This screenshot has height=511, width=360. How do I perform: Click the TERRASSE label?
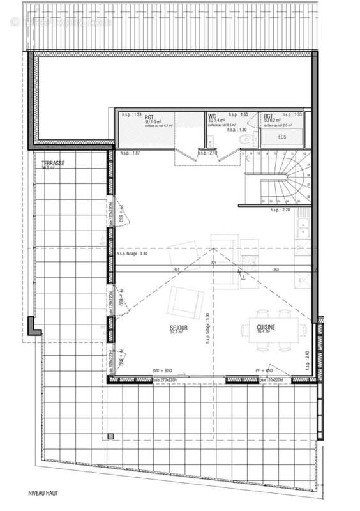(x=53, y=164)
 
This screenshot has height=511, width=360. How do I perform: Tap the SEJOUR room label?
(x=179, y=329)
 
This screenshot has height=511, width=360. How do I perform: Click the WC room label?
(x=212, y=116)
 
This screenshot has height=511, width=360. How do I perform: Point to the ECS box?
(x=281, y=137)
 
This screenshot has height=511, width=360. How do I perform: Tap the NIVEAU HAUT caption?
(x=43, y=494)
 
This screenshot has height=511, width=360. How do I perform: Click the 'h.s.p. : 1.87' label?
(x=130, y=153)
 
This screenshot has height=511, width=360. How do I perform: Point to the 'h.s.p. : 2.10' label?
(x=208, y=153)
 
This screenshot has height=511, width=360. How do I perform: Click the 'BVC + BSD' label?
(x=163, y=370)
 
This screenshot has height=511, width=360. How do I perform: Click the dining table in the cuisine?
(x=271, y=330)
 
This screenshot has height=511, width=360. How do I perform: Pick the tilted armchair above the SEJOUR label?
(x=185, y=302)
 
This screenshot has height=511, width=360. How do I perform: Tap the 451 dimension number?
(x=177, y=270)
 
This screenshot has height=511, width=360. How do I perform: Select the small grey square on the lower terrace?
(x=111, y=438)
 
